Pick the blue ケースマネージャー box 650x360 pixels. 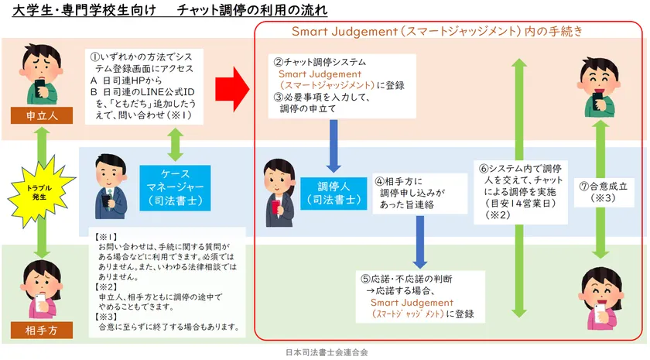pyautogui.click(x=174, y=187)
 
